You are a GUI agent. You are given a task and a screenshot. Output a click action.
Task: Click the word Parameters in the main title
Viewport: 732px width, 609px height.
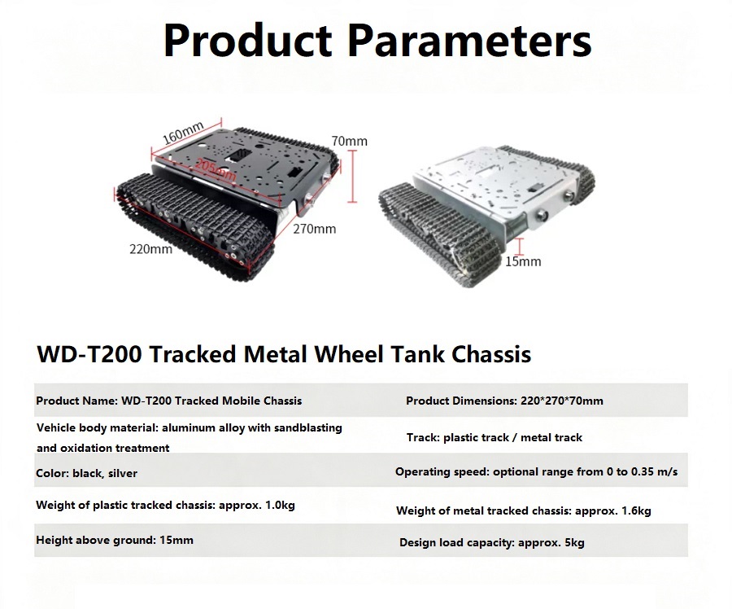(x=469, y=41)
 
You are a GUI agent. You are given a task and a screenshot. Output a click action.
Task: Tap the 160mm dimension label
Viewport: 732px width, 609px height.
(x=184, y=134)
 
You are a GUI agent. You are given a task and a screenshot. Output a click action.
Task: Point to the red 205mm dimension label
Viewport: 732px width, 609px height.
(x=216, y=170)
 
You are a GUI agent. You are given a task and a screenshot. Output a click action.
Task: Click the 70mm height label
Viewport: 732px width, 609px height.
(x=349, y=141)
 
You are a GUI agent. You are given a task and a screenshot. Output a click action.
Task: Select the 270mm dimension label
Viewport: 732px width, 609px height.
(x=314, y=229)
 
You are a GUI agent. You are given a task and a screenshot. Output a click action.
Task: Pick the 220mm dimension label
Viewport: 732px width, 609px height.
(x=150, y=249)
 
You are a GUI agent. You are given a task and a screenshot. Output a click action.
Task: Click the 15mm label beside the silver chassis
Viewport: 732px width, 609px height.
(x=523, y=261)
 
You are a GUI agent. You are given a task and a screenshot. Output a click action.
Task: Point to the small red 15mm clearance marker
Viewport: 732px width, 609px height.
(x=521, y=247)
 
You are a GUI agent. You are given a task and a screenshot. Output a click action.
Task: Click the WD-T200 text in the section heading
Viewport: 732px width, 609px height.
(x=89, y=354)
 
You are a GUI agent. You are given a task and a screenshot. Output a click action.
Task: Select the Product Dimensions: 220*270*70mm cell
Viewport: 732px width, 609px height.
(x=504, y=401)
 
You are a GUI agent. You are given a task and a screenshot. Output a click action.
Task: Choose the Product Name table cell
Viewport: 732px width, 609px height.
(x=169, y=401)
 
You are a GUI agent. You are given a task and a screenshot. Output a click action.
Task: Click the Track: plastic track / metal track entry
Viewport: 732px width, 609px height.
(x=495, y=437)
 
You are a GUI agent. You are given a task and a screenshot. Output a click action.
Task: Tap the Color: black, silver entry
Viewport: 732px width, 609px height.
(x=87, y=474)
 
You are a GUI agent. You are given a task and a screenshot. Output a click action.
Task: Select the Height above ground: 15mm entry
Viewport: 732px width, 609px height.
(x=115, y=541)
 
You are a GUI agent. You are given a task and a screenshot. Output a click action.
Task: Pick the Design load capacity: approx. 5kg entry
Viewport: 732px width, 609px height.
(x=491, y=542)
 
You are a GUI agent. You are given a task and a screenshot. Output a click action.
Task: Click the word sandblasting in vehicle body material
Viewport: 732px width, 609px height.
(x=308, y=428)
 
